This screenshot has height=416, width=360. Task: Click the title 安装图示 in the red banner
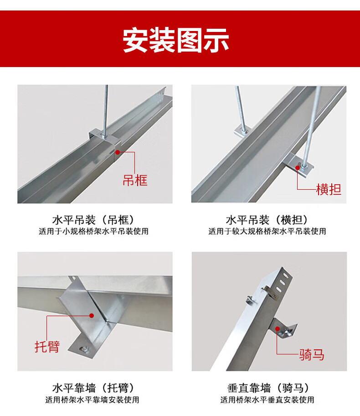(176, 40)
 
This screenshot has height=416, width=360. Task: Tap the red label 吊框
(135, 180)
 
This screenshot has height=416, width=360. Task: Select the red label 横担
(329, 189)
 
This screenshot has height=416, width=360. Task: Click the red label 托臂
(47, 347)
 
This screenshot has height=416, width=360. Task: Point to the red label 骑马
(312, 354)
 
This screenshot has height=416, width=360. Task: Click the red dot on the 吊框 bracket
(118, 152)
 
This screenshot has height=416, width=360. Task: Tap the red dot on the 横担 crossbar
(298, 168)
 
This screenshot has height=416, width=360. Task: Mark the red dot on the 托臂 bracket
(92, 316)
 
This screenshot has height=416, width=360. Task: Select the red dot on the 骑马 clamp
(278, 329)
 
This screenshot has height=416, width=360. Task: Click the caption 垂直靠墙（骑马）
(268, 388)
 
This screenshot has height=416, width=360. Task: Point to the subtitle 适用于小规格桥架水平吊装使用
(93, 231)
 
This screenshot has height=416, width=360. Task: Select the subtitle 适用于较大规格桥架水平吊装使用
(267, 231)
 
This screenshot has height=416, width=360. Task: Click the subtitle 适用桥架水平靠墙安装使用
(92, 400)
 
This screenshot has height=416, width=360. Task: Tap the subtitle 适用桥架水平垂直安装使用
(267, 400)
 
